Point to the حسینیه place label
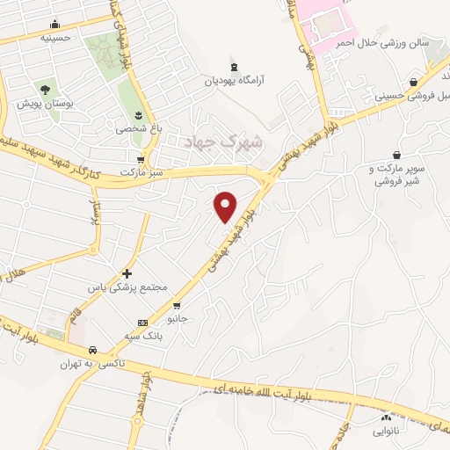55,38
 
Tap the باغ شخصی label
138,128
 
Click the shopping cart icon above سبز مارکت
141,159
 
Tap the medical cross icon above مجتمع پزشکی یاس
127,273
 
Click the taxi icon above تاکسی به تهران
91,349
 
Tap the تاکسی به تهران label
92,363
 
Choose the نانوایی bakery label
385,432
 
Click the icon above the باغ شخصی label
138,114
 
